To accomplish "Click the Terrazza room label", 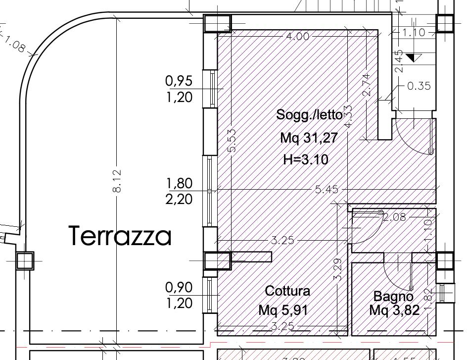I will coord(120,236).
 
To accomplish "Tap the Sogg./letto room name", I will coord(309,115).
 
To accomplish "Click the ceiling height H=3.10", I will coord(306,159).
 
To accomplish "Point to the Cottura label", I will coord(287,291).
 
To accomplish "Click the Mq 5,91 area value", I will coord(283,310).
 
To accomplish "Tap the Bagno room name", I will coord(393,296).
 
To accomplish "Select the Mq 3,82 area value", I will coord(394,310).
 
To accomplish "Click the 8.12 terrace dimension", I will coord(117,181).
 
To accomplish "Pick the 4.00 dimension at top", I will coord(298,36).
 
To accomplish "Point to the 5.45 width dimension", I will coord(327,190).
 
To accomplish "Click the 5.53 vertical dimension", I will coord(232,141).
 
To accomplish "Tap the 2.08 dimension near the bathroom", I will coord(394,216).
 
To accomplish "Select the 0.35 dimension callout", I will coord(419,86).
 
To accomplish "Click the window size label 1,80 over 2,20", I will coord(179,191).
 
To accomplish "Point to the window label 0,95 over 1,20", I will coord(179,89).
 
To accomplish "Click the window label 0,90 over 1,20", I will coord(179,295).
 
